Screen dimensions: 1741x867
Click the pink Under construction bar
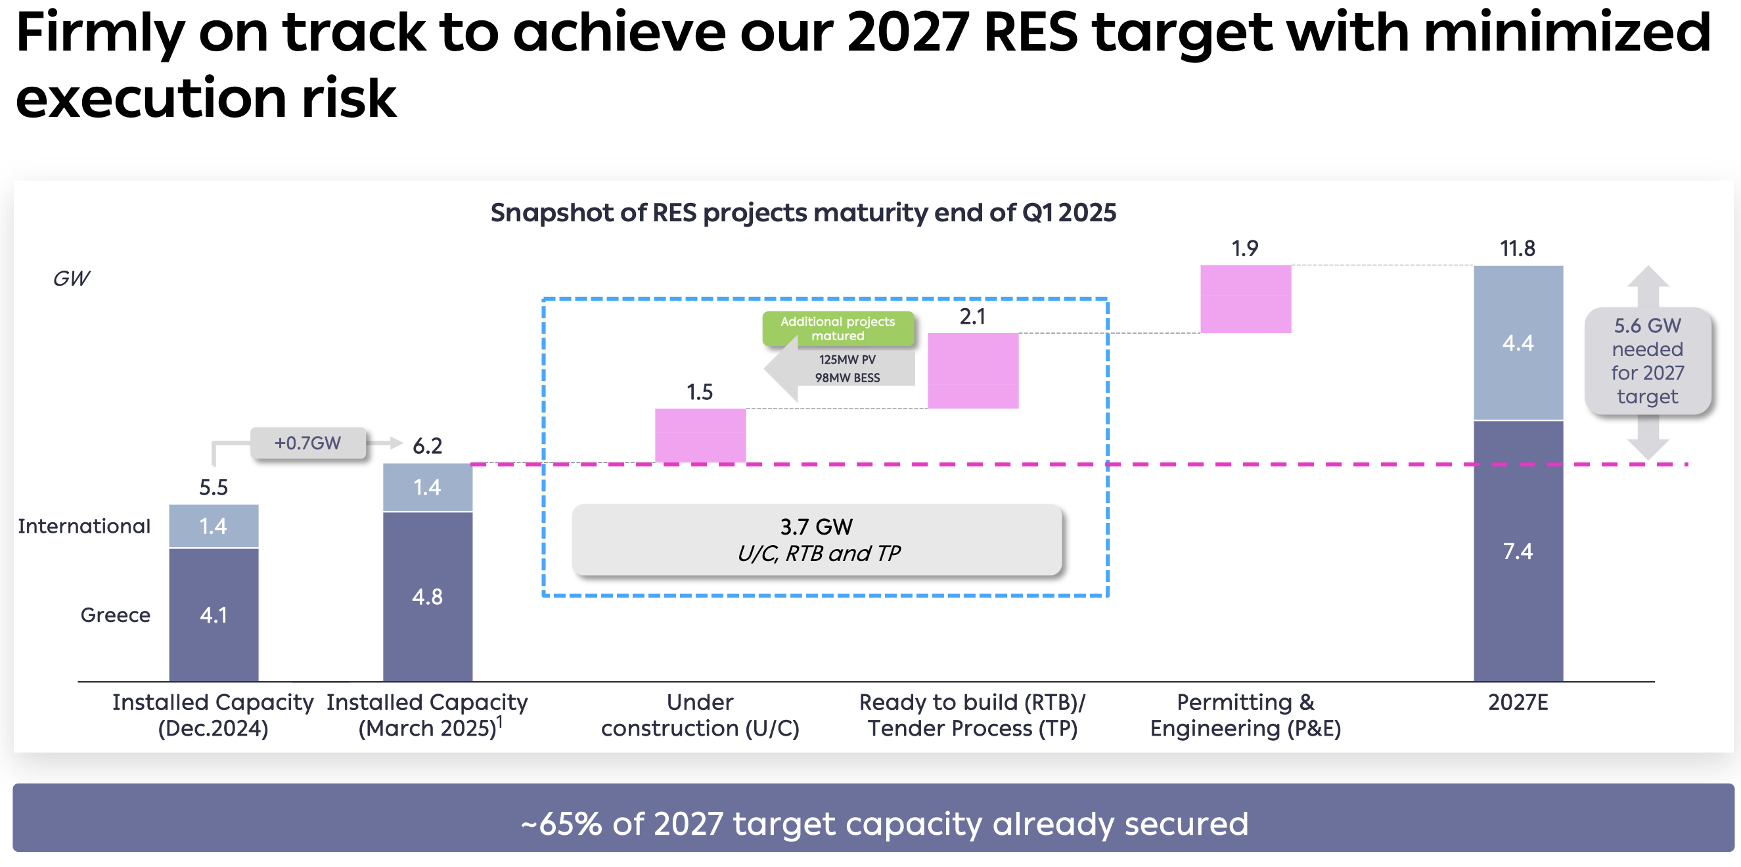[x=700, y=436]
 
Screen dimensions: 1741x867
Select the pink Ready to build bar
[x=973, y=370]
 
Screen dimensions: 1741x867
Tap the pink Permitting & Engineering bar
[x=1246, y=299]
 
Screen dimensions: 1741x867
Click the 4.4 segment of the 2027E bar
[x=1518, y=343]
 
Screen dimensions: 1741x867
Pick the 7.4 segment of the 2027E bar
[x=1518, y=551]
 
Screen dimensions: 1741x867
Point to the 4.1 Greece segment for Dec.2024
[x=214, y=614]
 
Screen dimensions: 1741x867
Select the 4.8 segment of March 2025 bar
[x=428, y=596]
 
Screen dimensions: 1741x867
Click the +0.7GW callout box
[x=308, y=443]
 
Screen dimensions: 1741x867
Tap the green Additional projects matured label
[x=838, y=328]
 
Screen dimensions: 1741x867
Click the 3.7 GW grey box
[x=817, y=540]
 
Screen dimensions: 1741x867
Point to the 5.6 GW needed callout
[x=1648, y=361]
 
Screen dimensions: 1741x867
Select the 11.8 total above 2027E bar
[x=1518, y=249]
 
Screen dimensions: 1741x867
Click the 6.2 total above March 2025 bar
[x=428, y=446]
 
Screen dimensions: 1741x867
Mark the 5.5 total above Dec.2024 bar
[x=214, y=487]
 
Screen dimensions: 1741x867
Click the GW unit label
[x=71, y=278]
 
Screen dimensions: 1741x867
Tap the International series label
[x=84, y=525]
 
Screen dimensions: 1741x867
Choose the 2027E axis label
[x=1518, y=703]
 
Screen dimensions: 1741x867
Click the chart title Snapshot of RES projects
[x=803, y=213]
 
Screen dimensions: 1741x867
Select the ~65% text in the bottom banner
[x=561, y=824]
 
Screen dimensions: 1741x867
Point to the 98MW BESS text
[x=848, y=378]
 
